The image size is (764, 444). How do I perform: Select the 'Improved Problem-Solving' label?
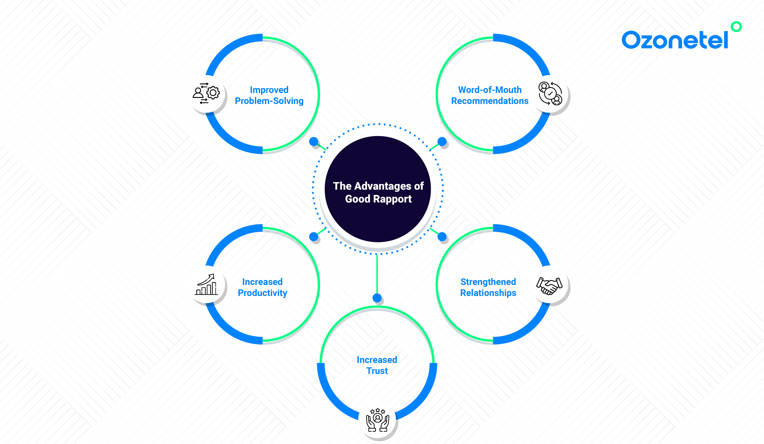point(269,95)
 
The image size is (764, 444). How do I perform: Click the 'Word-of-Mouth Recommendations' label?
point(490,95)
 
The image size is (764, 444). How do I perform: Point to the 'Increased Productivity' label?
point(262,287)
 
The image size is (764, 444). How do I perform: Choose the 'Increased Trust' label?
point(377,365)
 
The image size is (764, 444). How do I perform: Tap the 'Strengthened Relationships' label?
point(488,287)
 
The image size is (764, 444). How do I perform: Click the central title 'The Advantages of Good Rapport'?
point(378,192)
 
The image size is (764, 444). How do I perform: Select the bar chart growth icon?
point(206,284)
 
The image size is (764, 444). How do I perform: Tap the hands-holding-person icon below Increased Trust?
point(378,420)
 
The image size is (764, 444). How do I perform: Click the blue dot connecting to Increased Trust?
point(377,298)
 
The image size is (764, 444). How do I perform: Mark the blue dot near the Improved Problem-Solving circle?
point(314,141)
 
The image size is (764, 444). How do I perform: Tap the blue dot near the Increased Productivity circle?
point(314,237)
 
